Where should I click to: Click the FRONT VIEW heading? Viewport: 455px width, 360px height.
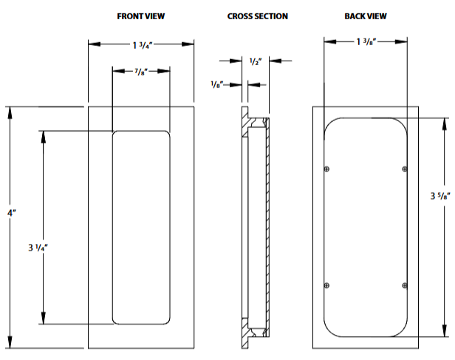(141, 16)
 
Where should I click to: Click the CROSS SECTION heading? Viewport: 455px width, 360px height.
(258, 16)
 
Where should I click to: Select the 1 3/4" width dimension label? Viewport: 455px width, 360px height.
(143, 44)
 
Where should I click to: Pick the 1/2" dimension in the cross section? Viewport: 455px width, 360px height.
(256, 61)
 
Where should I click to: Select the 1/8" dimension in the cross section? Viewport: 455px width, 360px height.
(217, 85)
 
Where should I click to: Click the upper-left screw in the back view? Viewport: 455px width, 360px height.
(326, 170)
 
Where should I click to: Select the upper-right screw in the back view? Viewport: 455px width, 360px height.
(404, 170)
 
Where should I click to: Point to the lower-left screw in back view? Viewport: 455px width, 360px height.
(326, 285)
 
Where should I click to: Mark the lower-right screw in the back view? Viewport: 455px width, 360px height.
(404, 285)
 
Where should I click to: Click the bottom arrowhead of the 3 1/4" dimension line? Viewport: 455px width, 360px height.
(44, 319)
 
